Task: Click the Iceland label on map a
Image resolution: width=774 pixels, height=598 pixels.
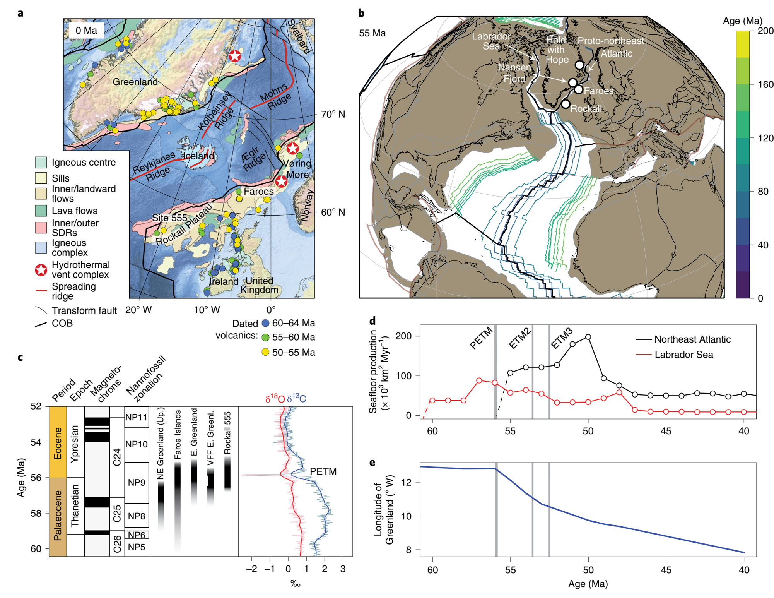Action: [198, 156]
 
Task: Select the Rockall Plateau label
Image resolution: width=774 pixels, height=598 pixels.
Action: [184, 224]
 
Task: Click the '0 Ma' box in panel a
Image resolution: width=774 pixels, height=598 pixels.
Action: [86, 31]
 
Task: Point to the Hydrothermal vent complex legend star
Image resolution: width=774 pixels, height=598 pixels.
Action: [41, 270]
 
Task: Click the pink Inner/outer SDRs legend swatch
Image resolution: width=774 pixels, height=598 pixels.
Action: [41, 228]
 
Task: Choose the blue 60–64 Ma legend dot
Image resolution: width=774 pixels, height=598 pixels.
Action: [265, 323]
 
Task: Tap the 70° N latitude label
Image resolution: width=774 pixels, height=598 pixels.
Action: [333, 114]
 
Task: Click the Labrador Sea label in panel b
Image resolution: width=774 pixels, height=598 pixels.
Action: [491, 41]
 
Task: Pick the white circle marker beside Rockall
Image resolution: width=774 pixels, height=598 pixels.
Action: [566, 104]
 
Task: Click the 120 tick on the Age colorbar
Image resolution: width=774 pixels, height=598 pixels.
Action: [765, 138]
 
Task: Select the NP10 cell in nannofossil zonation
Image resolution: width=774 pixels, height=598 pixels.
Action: [137, 444]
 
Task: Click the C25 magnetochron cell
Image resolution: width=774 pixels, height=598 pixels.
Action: [117, 514]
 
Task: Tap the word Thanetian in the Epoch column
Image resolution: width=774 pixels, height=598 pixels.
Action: [75, 505]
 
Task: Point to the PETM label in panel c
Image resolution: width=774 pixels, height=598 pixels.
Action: [323, 471]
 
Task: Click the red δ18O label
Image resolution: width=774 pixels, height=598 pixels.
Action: [275, 399]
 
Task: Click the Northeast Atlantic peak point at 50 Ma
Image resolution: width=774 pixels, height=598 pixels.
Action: [588, 337]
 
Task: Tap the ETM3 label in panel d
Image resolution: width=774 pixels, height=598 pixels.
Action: [561, 338]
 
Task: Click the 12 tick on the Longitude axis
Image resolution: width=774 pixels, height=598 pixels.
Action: [408, 483]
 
